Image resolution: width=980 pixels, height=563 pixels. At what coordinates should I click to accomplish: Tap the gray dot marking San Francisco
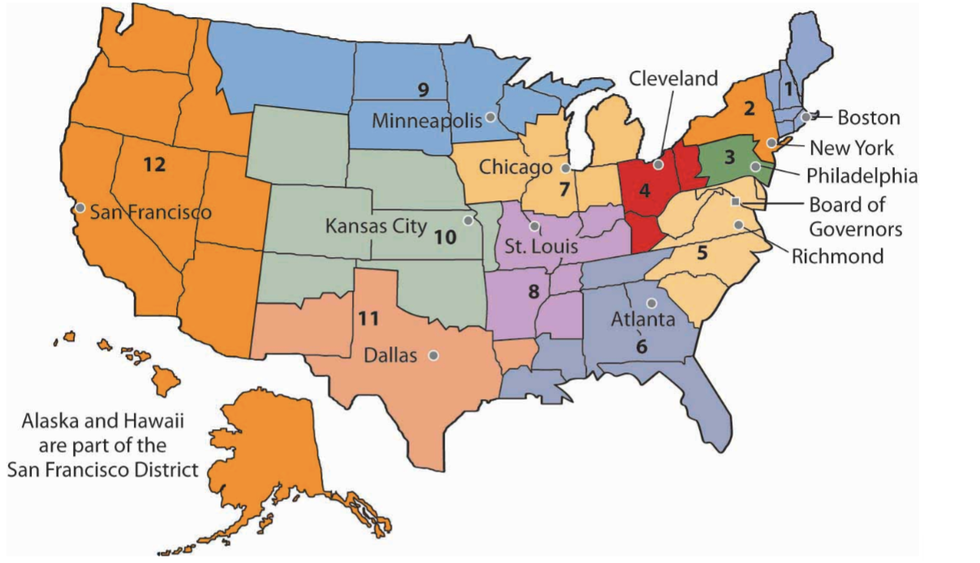pos(80,208)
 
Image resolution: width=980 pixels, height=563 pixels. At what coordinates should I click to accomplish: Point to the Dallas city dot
pos(434,355)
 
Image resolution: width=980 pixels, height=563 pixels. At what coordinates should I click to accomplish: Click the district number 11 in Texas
pos(368,318)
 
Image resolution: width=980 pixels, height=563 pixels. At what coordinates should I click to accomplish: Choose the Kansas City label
pos(376,226)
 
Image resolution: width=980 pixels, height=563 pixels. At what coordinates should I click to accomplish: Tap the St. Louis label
pos(541,245)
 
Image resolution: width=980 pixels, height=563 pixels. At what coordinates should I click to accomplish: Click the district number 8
pos(533,290)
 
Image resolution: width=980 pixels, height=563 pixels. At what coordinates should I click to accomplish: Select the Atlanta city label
pos(643,320)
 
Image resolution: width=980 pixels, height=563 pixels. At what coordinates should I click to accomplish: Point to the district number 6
pos(642,344)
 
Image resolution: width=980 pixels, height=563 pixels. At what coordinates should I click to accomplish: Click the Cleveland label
pos(674,79)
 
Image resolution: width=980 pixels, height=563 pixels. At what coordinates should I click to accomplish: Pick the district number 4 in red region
pos(644,191)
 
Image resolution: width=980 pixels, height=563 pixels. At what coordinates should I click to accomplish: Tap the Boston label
pos(868,118)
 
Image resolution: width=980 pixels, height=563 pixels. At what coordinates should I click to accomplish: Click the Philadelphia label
pos(862,176)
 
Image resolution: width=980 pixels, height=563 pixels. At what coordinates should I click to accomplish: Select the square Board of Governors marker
pos(735,201)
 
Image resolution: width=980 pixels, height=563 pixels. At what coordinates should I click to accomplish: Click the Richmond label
pos(837,256)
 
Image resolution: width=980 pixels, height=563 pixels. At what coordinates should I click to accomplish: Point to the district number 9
pos(423,89)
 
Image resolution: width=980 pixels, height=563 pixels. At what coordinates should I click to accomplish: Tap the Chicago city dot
pos(565,168)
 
